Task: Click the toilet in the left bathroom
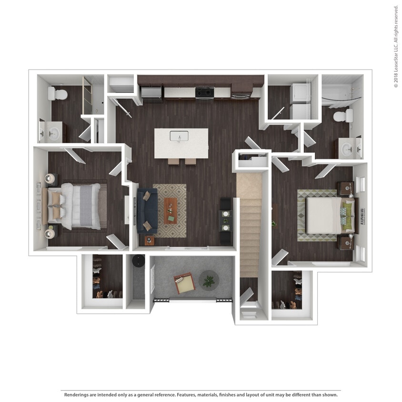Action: point(58,93)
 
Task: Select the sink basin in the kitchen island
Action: point(179,136)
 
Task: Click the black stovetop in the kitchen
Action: point(204,92)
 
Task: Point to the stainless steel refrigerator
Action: point(152,93)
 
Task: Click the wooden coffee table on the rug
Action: point(171,211)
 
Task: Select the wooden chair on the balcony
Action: point(184,283)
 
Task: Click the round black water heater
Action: point(139,260)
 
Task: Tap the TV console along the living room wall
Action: point(226,220)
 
